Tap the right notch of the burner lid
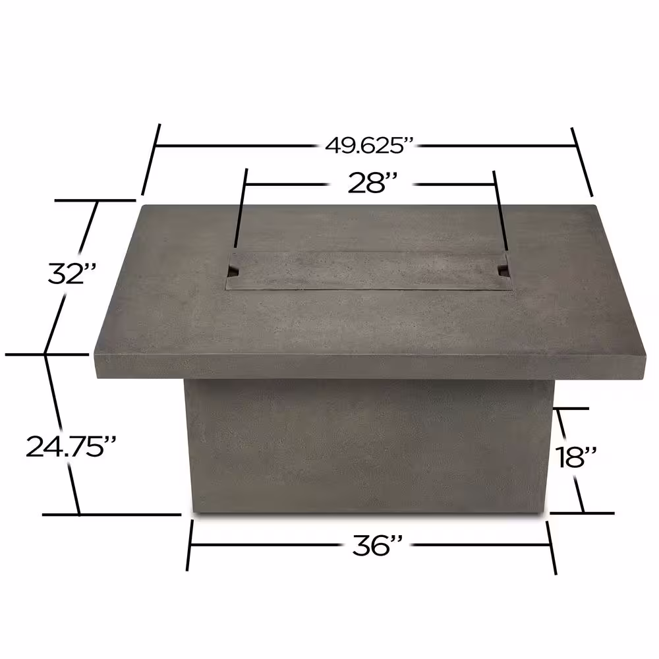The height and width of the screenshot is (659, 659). tap(504, 270)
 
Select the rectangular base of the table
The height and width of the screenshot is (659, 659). tap(369, 448)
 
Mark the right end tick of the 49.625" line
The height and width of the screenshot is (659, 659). tap(583, 161)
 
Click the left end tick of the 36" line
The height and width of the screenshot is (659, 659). tap(190, 545)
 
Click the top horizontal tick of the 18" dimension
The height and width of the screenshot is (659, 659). tap(572, 409)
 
